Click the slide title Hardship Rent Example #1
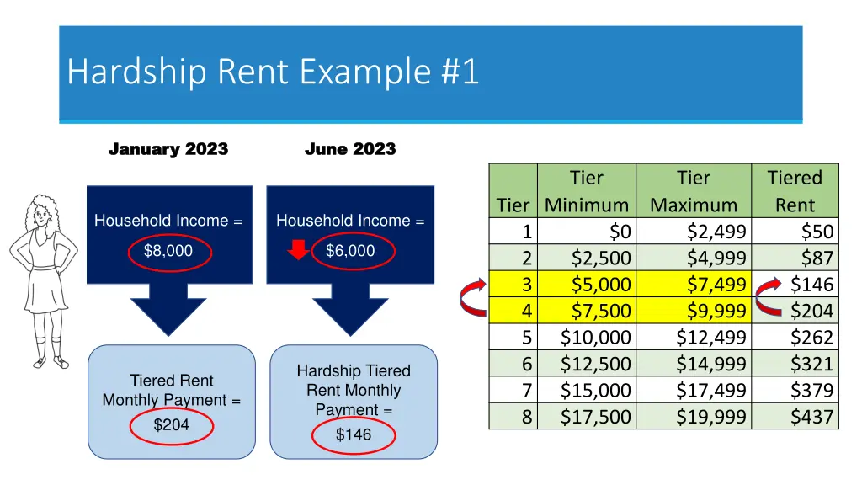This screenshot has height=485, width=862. tap(273, 72)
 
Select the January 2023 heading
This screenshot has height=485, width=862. tap(168, 149)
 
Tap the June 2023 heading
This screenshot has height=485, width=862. tap(349, 149)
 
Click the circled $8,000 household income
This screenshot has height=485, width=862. tap(168, 251)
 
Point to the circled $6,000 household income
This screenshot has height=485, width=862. tap(350, 251)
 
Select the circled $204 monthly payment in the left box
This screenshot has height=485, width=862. tap(171, 426)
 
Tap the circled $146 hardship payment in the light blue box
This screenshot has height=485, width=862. tap(353, 435)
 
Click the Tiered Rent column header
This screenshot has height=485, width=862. tap(794, 191)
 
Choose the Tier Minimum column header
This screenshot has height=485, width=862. tap(586, 191)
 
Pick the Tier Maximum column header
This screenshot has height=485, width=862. tap(693, 191)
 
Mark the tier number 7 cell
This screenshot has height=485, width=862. tap(527, 391)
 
